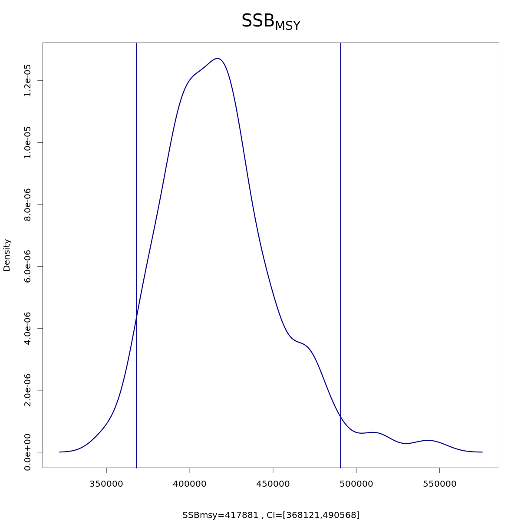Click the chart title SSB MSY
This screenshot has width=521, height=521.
[270, 22]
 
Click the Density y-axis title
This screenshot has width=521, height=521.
[7, 255]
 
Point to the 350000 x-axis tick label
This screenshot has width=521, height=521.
[106, 484]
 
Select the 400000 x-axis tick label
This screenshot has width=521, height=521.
[190, 484]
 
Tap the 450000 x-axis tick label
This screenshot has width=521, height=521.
[273, 484]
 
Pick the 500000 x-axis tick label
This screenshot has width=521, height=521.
[356, 484]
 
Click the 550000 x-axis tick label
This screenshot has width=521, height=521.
[439, 484]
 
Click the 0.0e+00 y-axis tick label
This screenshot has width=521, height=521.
[27, 452]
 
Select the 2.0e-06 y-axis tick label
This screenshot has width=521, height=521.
[27, 390]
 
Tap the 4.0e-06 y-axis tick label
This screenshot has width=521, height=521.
[27, 328]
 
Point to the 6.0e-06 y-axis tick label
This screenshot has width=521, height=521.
[27, 266]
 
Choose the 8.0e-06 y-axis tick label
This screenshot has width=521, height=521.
[27, 204]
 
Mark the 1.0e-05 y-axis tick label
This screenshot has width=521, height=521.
[27, 142]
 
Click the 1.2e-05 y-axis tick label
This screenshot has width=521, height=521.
[27, 81]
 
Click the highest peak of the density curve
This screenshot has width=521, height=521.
[218, 58]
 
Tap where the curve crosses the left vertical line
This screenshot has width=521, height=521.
[137, 317]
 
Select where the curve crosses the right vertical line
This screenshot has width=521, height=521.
[341, 418]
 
